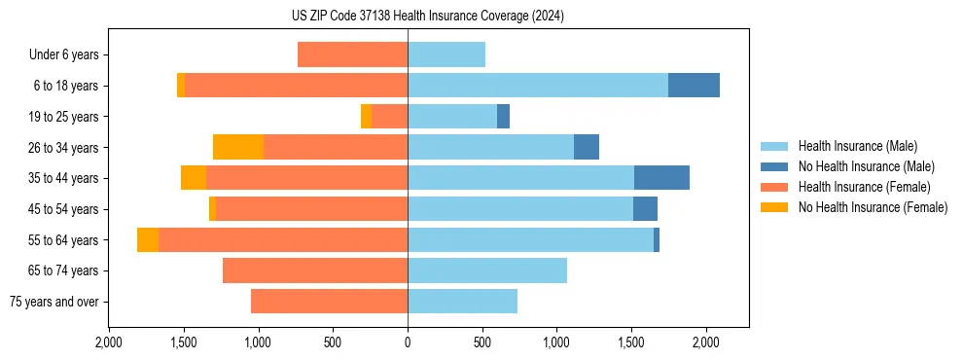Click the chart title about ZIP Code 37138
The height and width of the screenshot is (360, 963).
[x=427, y=17]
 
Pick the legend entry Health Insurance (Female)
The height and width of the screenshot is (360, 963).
[x=864, y=187]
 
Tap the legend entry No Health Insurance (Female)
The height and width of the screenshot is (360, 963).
[x=873, y=207]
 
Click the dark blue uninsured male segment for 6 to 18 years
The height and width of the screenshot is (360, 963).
[x=694, y=86]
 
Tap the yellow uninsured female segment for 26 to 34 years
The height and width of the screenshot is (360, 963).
[x=238, y=147]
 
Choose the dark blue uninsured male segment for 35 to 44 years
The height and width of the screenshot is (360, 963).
[x=661, y=178]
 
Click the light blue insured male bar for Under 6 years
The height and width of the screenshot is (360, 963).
[x=446, y=54]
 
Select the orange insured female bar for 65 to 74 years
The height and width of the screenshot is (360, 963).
[x=315, y=270]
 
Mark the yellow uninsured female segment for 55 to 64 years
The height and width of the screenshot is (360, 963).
[x=148, y=239]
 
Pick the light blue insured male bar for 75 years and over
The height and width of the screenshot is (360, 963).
[x=462, y=302]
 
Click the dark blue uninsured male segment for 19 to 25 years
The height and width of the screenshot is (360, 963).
[x=503, y=117]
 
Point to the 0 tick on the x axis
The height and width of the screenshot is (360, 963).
[x=408, y=342]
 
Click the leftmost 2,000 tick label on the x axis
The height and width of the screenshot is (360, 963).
[x=109, y=342]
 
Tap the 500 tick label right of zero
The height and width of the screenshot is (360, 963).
[x=482, y=342]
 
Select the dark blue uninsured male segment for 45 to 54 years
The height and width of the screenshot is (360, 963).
[x=645, y=209]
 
